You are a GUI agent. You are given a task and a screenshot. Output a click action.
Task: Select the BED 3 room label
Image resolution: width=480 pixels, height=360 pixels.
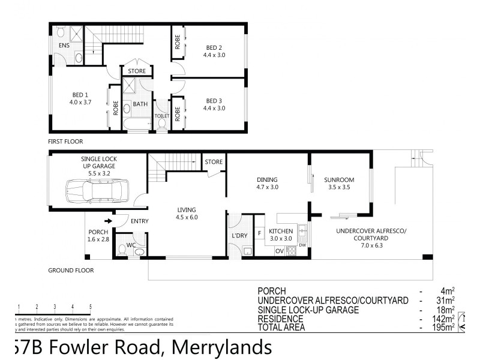[214, 100]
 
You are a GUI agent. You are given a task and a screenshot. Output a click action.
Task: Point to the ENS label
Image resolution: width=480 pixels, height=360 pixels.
[64, 45]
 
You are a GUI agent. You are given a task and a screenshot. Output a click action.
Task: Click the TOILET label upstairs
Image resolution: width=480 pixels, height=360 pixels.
[161, 116]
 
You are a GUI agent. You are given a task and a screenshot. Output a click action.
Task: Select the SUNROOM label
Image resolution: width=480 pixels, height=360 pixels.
[338, 179]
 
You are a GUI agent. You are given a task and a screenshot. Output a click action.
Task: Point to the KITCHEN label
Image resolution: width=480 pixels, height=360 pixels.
[280, 231]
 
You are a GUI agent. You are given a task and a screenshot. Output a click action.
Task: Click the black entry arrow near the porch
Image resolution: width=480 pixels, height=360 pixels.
[107, 221]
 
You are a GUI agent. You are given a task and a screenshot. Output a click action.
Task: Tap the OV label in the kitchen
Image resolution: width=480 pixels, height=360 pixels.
[278, 251]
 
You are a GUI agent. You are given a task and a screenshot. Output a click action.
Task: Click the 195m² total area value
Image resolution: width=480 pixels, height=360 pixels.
[444, 327]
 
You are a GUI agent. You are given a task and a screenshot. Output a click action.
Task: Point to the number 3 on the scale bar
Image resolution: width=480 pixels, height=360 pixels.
[55, 307]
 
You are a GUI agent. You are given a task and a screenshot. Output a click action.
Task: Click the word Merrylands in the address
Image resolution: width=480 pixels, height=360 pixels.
[222, 347]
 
